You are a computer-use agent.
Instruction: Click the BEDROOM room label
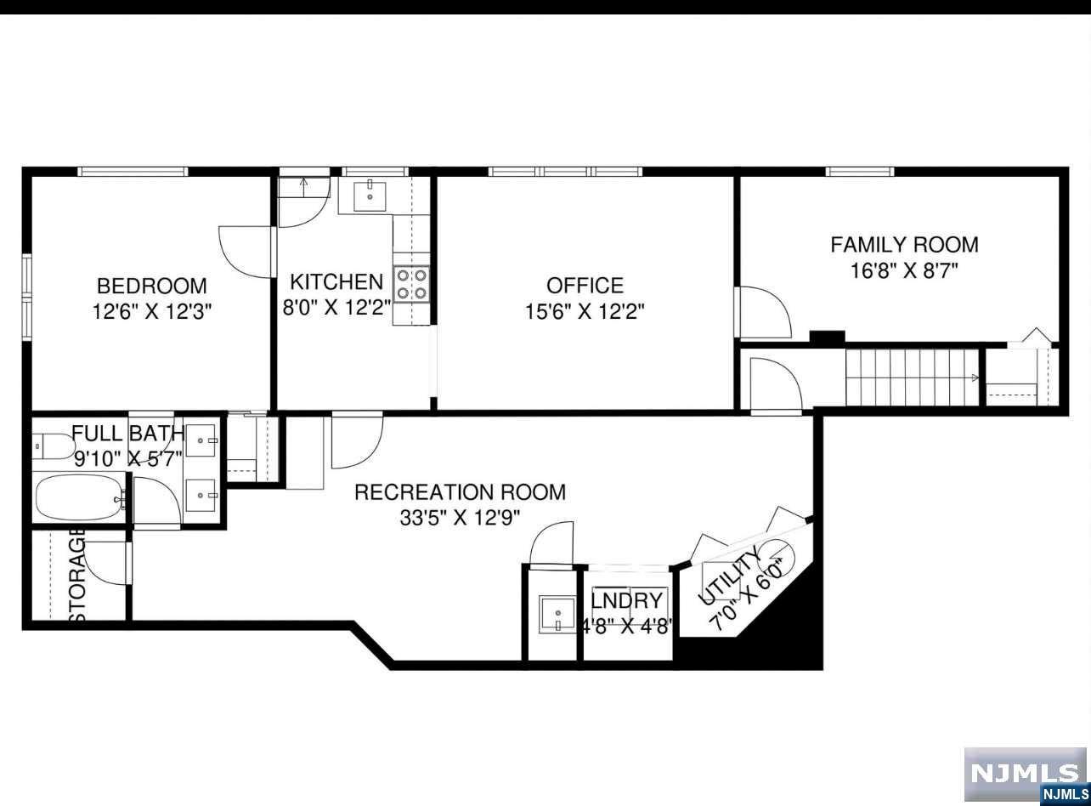151,286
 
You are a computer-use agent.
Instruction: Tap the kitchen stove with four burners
411,285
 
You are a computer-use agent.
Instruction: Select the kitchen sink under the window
370,196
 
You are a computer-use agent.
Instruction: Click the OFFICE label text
585,286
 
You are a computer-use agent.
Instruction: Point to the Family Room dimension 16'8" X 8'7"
905,270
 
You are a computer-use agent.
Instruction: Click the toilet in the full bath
54,446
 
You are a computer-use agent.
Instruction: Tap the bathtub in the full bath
81,497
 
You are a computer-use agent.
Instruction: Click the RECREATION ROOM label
460,492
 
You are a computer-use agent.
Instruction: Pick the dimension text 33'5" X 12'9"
460,518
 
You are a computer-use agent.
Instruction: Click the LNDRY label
626,601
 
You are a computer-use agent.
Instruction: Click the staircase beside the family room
913,377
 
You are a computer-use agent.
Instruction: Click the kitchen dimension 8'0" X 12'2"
337,309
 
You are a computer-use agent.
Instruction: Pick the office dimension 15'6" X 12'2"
585,311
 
